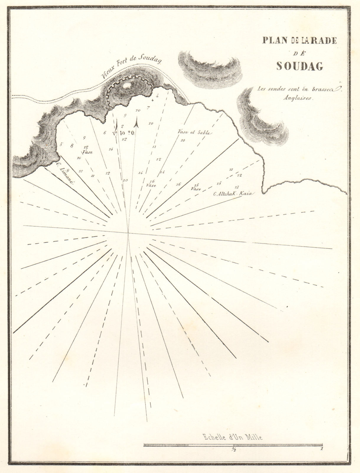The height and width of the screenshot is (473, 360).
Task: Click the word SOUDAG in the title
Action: (x=299, y=66)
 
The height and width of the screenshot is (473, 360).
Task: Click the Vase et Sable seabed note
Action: (x=193, y=133)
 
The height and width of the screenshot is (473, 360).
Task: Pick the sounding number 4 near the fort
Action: (x=157, y=96)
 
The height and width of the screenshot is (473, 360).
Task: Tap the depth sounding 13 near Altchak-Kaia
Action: (x=237, y=187)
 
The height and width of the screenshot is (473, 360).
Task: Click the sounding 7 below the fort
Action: (x=148, y=107)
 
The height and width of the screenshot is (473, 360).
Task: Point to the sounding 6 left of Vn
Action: (x=105, y=133)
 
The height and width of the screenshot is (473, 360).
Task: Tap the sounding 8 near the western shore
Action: (x=71, y=145)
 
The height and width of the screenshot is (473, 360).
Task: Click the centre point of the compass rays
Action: (x=128, y=233)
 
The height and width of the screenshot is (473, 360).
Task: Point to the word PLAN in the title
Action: (x=273, y=41)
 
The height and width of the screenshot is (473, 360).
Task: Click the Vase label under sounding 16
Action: (x=151, y=186)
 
